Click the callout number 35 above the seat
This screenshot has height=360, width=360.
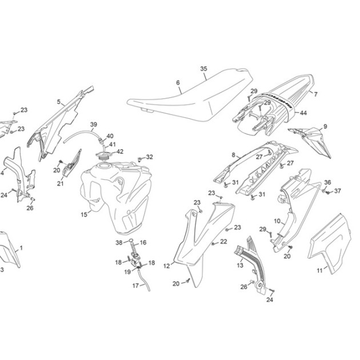pyautogui.click(x=203, y=69)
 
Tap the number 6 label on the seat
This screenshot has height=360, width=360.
pyautogui.click(x=178, y=83)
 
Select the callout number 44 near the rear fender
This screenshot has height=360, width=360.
pyautogui.click(x=303, y=113)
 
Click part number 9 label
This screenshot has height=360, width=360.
pyautogui.click(x=325, y=126)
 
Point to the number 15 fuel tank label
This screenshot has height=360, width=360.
pyautogui.click(x=84, y=214)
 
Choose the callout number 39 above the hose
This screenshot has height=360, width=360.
pyautogui.click(x=94, y=125)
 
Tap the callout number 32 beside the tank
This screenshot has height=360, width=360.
pyautogui.click(x=150, y=157)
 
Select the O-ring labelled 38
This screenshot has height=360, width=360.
pyautogui.click(x=131, y=241)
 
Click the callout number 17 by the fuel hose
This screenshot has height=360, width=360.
pyautogui.click(x=135, y=286)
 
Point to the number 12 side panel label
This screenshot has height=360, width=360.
pyautogui.click(x=167, y=266)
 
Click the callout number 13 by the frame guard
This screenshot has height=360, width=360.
pyautogui.click(x=240, y=266)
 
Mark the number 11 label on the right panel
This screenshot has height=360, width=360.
pyautogui.click(x=320, y=271)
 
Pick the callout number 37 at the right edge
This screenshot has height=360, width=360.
pyautogui.click(x=337, y=191)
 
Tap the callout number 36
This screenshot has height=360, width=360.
pyautogui.click(x=327, y=182)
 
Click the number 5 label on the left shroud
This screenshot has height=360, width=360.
pyautogui.click(x=59, y=102)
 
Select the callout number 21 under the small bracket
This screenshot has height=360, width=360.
pyautogui.click(x=61, y=183)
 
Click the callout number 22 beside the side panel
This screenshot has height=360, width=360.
pyautogui.click(x=223, y=242)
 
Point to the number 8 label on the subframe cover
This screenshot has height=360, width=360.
pyautogui.click(x=234, y=155)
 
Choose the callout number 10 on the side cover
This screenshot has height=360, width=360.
pyautogui.click(x=277, y=221)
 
